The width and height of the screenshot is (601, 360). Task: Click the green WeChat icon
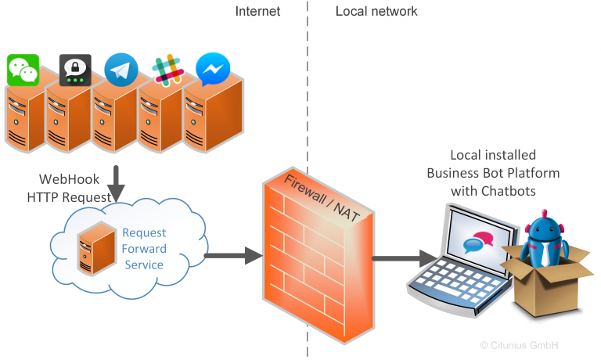coord(23,70)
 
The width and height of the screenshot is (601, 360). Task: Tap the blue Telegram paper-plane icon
coord(121,69)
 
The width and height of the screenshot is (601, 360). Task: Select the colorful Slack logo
coord(167,70)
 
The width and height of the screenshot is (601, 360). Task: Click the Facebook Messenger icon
coord(212,69)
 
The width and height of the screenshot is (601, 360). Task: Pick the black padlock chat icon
coord(75,70)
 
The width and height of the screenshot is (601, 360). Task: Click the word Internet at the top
coord(257,11)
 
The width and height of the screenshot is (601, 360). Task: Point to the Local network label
coord(376,11)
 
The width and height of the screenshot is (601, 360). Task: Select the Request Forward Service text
coord(144,249)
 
